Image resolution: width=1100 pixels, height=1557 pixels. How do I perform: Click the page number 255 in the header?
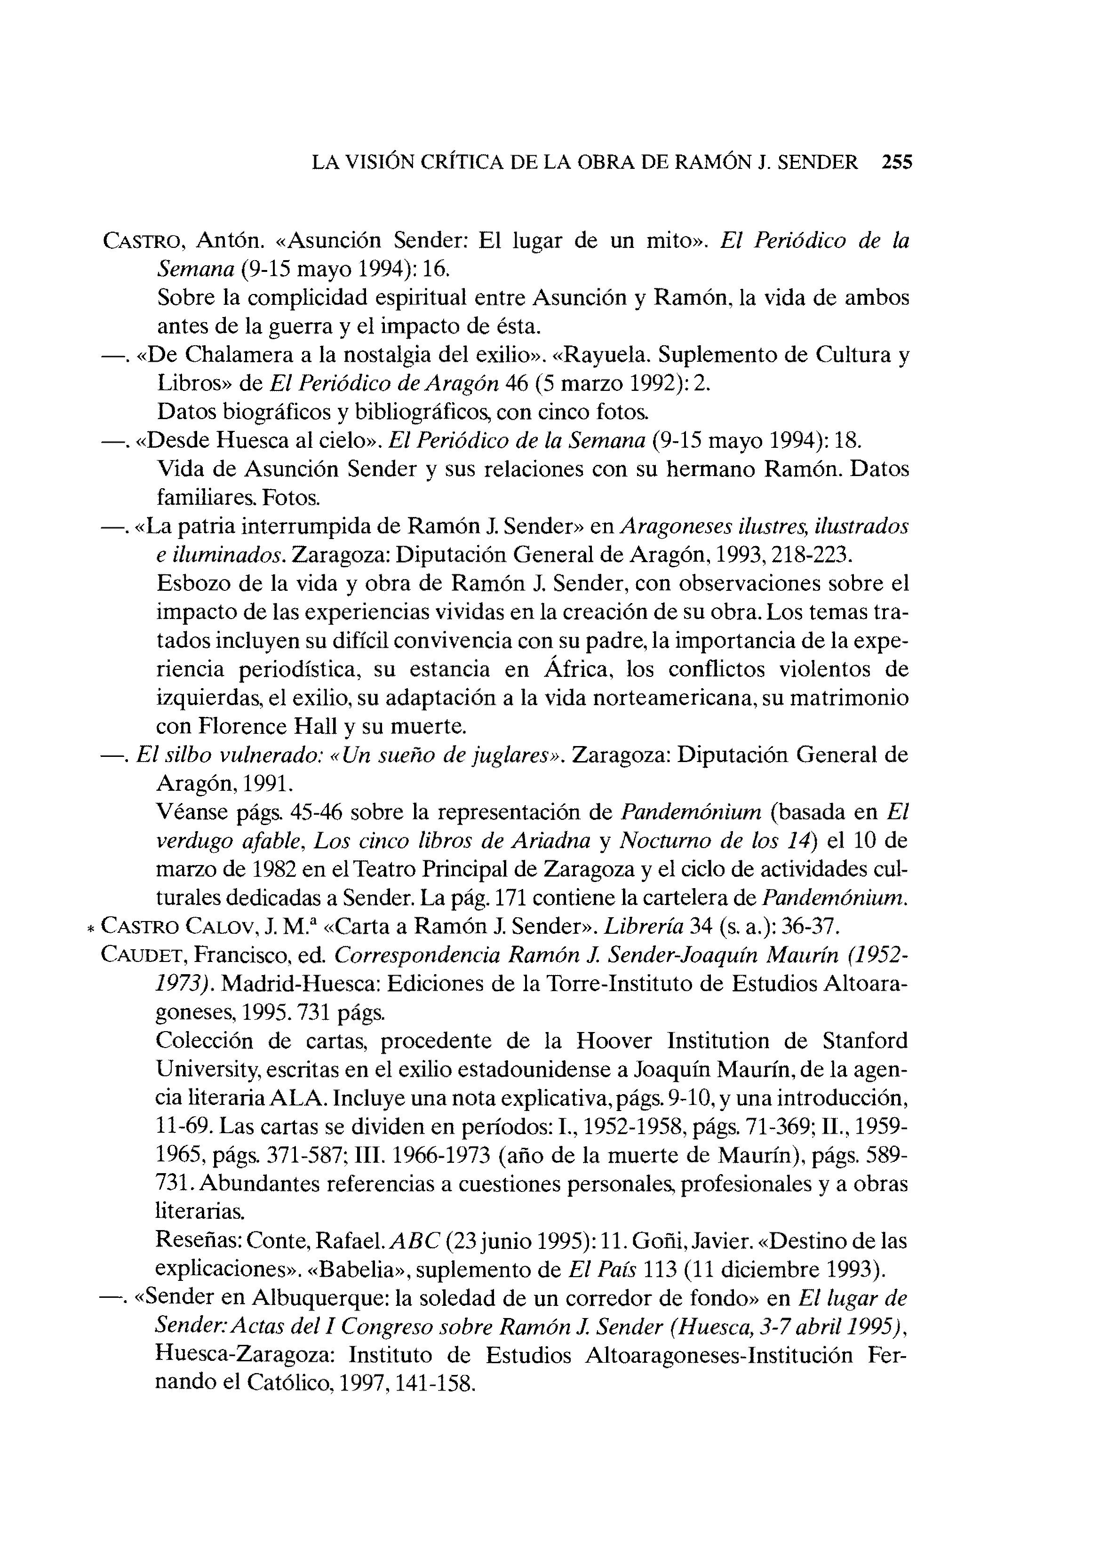[897, 162]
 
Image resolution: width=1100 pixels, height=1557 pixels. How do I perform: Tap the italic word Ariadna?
[550, 841]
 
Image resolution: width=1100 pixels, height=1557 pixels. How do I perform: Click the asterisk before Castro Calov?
[91, 928]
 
